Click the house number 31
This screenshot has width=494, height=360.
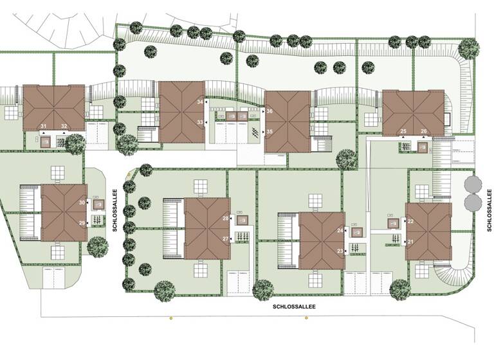[43, 125]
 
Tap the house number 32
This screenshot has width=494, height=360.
[64, 125]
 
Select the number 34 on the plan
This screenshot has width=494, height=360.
[200, 103]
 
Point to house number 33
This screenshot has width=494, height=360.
[200, 122]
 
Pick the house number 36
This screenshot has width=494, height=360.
[270, 111]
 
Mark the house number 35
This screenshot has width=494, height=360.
[270, 132]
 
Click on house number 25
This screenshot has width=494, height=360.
[403, 132]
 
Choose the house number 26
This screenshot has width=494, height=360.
[424, 132]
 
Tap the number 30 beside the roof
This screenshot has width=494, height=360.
[82, 203]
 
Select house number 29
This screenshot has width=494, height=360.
[82, 222]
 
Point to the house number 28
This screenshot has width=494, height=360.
[225, 219]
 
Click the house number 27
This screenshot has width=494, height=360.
[225, 239]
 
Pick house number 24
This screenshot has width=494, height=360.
[340, 231]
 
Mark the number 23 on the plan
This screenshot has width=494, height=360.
[340, 251]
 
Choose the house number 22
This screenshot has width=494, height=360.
[410, 222]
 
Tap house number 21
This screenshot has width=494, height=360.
[410, 242]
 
